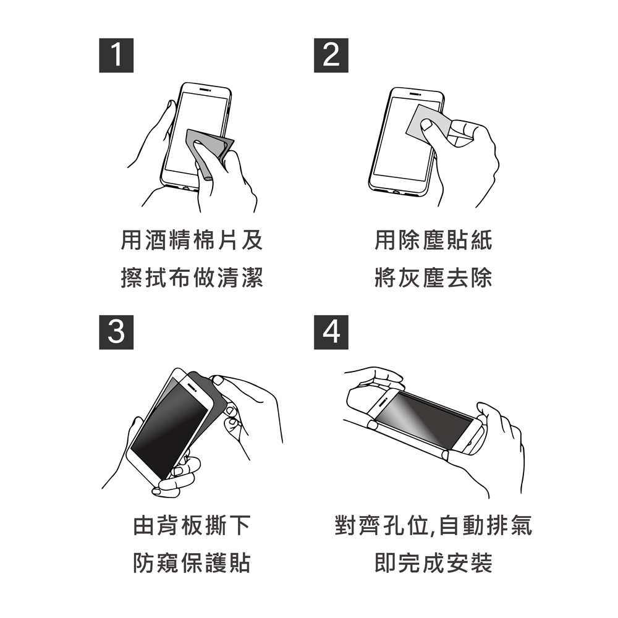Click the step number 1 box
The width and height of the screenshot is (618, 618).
[x=116, y=56]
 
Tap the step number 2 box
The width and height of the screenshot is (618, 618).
[x=331, y=56]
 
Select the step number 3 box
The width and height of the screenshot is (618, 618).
[x=116, y=332]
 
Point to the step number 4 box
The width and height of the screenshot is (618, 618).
[x=331, y=332]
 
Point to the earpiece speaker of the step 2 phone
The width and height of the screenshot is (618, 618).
[x=415, y=94]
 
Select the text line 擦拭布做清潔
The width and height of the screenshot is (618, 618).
[x=192, y=277]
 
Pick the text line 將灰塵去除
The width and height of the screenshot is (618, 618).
[x=434, y=277]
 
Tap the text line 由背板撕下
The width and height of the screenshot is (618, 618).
[x=192, y=525]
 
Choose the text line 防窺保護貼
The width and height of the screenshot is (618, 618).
[x=192, y=562]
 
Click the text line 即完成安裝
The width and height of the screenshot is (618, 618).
[x=434, y=562]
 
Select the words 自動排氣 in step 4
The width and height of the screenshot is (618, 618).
[x=485, y=525]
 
